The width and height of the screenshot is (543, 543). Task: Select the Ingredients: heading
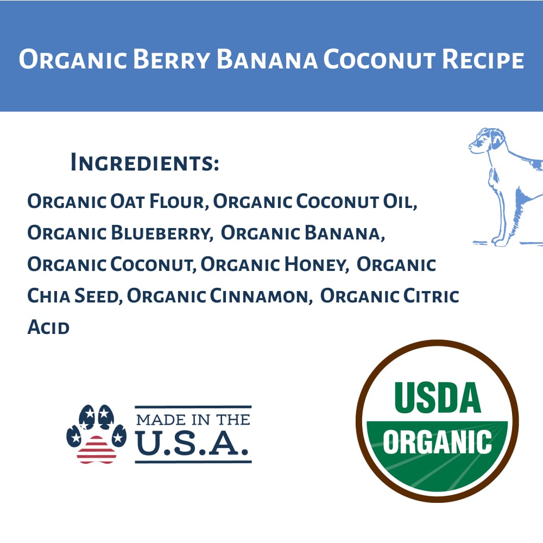click(144, 163)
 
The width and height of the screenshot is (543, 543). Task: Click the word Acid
click(48, 327)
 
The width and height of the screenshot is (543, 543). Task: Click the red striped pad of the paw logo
click(96, 449)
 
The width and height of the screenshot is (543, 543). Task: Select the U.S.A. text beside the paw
click(193, 444)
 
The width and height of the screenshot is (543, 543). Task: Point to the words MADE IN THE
click(193, 419)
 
